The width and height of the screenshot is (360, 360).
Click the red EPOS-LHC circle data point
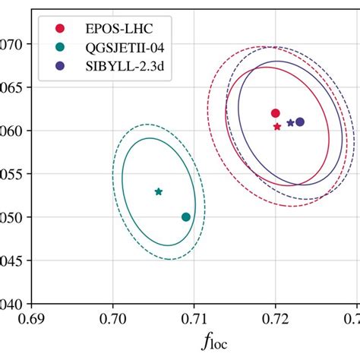click(x=276, y=113)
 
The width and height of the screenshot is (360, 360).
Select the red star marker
click(x=277, y=126)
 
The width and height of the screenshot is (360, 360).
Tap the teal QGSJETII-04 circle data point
click(x=186, y=217)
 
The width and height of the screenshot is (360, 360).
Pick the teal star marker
click(x=158, y=191)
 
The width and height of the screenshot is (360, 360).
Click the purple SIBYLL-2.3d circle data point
click(x=300, y=122)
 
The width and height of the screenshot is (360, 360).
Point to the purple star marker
click(x=290, y=123)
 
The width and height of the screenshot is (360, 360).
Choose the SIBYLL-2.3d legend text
click(x=115, y=66)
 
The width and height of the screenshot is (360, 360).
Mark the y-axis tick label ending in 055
click(x=11, y=174)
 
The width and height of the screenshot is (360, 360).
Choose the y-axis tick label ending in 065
click(x=11, y=87)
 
